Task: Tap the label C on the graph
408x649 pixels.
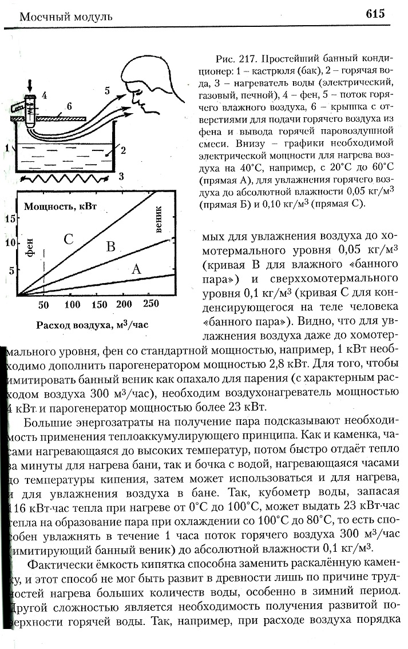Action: click(x=69, y=240)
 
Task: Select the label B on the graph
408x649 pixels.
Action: click(x=111, y=246)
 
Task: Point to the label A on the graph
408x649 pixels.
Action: click(x=136, y=269)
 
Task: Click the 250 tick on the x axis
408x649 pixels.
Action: click(x=151, y=304)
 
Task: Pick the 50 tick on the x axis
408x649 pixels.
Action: click(x=44, y=304)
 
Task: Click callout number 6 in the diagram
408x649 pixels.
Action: click(x=69, y=106)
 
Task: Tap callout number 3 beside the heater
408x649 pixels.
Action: click(x=121, y=176)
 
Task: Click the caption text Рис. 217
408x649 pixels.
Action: click(x=232, y=59)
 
